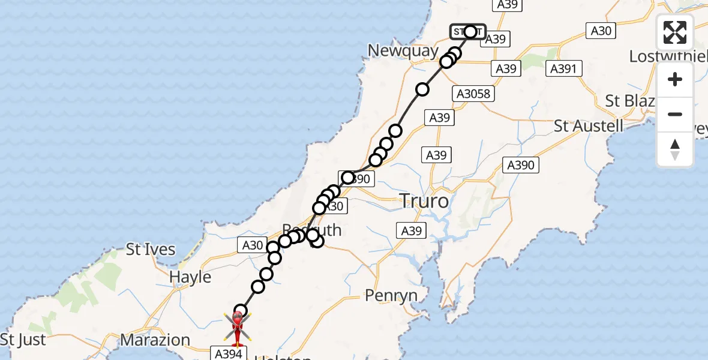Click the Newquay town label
pyautogui.click(x=403, y=51)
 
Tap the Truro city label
pyautogui.click(x=424, y=201)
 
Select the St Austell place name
pyautogui.click(x=589, y=126)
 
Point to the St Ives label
pyautogui.click(x=150, y=249)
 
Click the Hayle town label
pyautogui.click(x=190, y=277)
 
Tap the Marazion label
pyautogui.click(x=155, y=340)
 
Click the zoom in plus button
pyautogui.click(x=675, y=80)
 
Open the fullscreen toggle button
pyautogui.click(x=675, y=32)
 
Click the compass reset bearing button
pyautogui.click(x=675, y=149)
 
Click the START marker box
pyautogui.click(x=467, y=32)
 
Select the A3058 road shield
pyautogui.click(x=473, y=94)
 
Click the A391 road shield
pyautogui.click(x=565, y=69)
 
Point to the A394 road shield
pyautogui.click(x=228, y=354)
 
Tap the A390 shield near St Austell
pyautogui.click(x=520, y=165)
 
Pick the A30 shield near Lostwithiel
pyautogui.click(x=601, y=31)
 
